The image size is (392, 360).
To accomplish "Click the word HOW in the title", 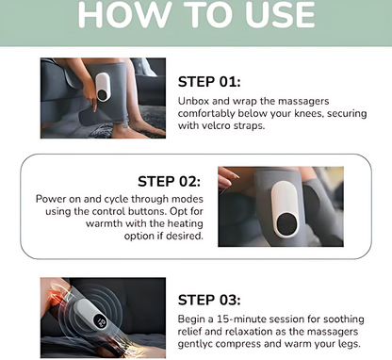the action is [x=123, y=15].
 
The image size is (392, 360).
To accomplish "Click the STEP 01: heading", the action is [x=209, y=82].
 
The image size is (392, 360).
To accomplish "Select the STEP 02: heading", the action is [x=169, y=181].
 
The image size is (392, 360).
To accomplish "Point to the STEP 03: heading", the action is [x=209, y=300].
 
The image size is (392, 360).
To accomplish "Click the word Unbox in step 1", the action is [x=193, y=101].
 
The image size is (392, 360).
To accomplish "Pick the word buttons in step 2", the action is [x=147, y=211].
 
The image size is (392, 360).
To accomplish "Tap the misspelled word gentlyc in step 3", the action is [x=195, y=344].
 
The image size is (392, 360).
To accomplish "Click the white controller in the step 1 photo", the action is [x=103, y=87].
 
